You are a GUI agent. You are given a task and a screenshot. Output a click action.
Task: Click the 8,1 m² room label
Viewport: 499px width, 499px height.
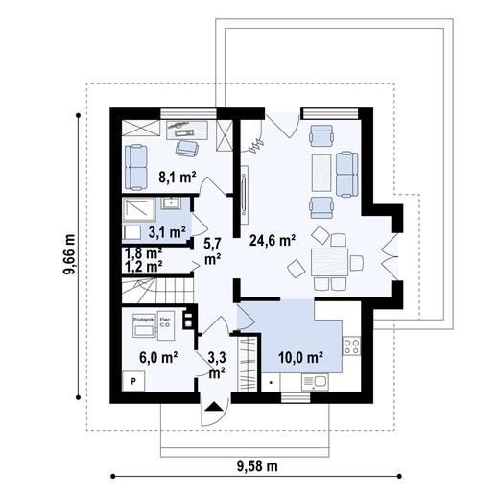click(177, 177)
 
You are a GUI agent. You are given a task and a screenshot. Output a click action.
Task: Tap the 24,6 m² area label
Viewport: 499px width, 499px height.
click(272, 241)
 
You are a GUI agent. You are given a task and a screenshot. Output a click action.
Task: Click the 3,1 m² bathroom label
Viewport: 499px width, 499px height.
click(166, 231)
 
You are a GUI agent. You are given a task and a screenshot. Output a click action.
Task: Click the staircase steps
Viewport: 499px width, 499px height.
click(157, 287)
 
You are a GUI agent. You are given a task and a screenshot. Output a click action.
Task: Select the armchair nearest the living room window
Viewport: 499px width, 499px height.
click(321, 134)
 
